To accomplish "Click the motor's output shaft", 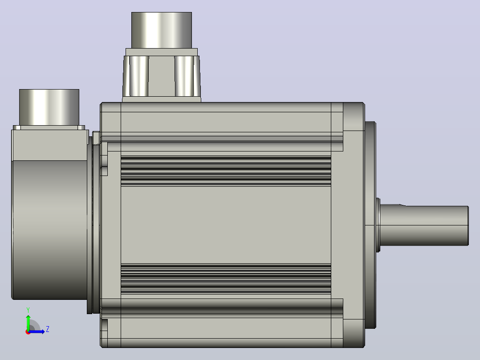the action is coord(424,225).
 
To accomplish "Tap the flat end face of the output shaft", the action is coord(468,226).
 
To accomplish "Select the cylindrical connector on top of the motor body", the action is coord(162,30).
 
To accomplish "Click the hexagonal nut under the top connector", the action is coord(162,76).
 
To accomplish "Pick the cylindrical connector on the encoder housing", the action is coord(49,107).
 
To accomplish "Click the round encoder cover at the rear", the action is coord(50,230).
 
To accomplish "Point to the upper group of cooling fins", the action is coord(226,171).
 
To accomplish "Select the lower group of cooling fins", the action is coord(226,279).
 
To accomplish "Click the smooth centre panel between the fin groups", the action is coord(226,225).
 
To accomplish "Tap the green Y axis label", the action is coord(28,310).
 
